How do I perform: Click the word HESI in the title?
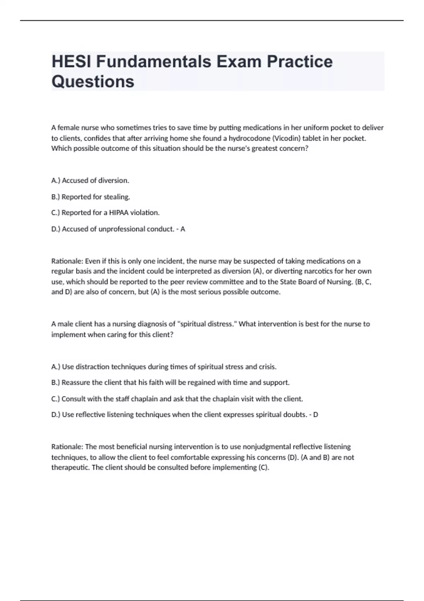[x=72, y=62]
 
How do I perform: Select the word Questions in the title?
[x=93, y=81]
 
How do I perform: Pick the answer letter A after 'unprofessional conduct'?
[x=183, y=229]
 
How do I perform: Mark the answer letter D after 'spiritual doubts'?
[x=316, y=415]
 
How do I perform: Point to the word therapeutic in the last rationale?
[x=70, y=467]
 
